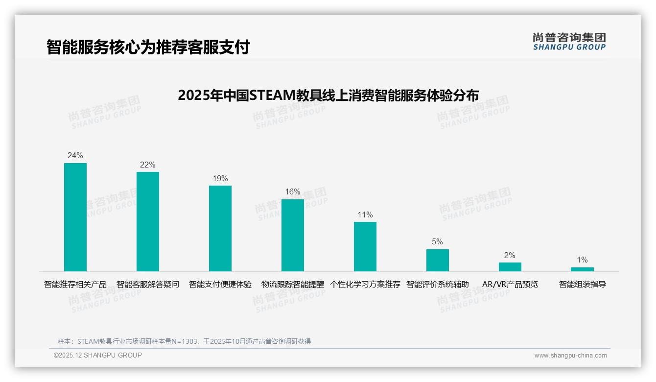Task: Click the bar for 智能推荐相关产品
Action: (x=75, y=217)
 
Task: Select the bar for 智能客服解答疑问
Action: (x=148, y=221)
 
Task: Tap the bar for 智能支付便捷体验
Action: (x=220, y=228)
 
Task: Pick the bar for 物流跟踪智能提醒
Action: (x=293, y=235)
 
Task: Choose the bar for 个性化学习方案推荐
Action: (x=365, y=246)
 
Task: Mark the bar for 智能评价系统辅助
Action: (x=438, y=260)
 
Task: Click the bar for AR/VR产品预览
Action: (x=510, y=267)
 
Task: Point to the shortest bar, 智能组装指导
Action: (x=582, y=269)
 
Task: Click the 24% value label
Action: (x=75, y=156)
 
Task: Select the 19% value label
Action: (x=220, y=179)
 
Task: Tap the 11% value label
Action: (x=365, y=215)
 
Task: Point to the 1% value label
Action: (x=582, y=260)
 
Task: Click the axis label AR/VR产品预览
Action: (x=510, y=285)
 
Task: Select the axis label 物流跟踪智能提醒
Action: (x=293, y=285)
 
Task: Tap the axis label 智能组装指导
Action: (x=582, y=285)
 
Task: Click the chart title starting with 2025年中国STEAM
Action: (x=328, y=95)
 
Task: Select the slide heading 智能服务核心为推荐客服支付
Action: (x=148, y=47)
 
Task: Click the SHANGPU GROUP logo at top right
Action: (x=569, y=42)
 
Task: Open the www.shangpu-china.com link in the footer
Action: (x=570, y=356)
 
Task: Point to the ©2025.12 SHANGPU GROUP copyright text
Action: (x=98, y=355)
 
